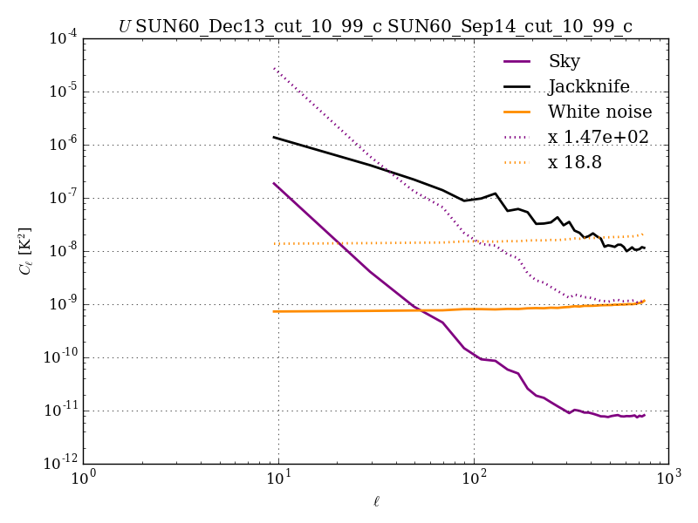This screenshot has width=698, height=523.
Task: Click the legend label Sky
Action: click(x=564, y=61)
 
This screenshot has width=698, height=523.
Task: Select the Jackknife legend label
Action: click(x=588, y=86)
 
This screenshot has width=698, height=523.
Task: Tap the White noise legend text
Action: click(x=599, y=112)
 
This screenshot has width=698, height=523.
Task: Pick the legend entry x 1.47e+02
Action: click(x=598, y=137)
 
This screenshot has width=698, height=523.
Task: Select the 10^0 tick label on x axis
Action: click(x=83, y=479)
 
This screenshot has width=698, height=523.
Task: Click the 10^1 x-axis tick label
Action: click(x=278, y=479)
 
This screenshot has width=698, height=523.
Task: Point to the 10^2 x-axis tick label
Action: click(x=474, y=479)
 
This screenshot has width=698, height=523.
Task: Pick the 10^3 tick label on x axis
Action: click(x=668, y=479)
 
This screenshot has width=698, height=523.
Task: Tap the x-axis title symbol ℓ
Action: click(x=376, y=501)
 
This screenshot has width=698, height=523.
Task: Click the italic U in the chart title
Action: click(x=125, y=27)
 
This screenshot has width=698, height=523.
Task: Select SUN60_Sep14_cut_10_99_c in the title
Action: click(x=510, y=27)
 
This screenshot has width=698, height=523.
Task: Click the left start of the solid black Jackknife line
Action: click(x=275, y=137)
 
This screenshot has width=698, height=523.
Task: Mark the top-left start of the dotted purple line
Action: click(x=275, y=68)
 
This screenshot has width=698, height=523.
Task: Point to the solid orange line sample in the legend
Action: click(x=518, y=112)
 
